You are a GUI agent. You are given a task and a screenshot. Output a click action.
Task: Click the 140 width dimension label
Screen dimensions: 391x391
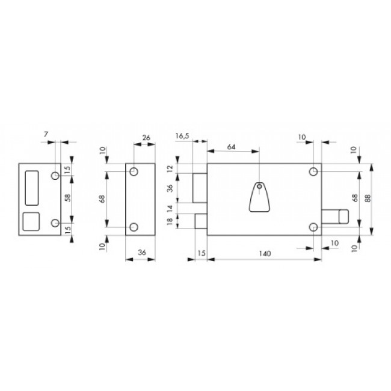pyautogui.click(x=265, y=254)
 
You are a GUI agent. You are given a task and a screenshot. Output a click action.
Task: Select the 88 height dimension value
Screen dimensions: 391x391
pyautogui.click(x=368, y=198)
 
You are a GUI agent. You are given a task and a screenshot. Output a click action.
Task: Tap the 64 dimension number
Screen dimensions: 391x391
pyautogui.click(x=231, y=147)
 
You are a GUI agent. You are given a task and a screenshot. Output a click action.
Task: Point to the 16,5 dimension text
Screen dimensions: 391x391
pyautogui.click(x=182, y=136)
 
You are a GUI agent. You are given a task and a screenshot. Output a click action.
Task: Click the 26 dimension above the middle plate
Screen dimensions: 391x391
pyautogui.click(x=146, y=137)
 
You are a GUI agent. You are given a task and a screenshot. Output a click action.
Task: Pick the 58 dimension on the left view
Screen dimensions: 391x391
pyautogui.click(x=68, y=198)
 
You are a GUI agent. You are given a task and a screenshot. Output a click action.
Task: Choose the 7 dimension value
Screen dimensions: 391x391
pyautogui.click(x=45, y=134)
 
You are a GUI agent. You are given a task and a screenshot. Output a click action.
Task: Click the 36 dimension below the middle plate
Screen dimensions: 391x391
pyautogui.click(x=142, y=253)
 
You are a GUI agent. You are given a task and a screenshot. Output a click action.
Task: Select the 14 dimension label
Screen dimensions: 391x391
pyautogui.click(x=170, y=208)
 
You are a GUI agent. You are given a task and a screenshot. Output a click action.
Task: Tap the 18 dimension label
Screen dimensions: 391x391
pyautogui.click(x=170, y=221)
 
